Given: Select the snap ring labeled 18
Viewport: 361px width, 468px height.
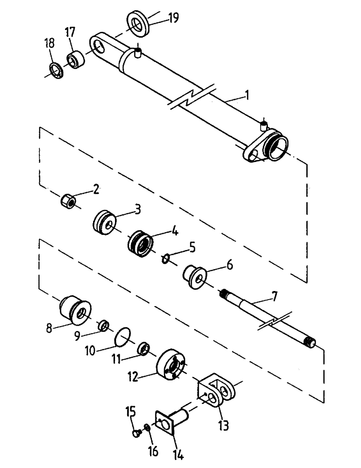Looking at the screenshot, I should [55, 71].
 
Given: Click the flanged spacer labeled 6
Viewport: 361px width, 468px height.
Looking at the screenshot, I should [193, 275].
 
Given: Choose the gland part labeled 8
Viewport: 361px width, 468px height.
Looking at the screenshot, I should [75, 309].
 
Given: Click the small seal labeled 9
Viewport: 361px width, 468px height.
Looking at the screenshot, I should [103, 324].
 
